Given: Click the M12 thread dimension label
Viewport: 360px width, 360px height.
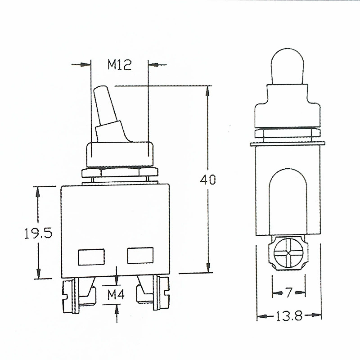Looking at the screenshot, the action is [120, 65].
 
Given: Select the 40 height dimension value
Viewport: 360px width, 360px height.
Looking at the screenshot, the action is [208, 180].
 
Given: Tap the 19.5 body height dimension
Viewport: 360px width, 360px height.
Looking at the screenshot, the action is [38, 234].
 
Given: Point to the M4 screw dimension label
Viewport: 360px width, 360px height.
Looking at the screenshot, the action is [116, 295].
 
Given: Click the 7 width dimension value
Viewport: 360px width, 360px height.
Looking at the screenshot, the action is [289, 293].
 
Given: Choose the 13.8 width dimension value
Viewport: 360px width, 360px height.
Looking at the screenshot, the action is [289, 316].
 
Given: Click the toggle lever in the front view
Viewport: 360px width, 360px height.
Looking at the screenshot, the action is [110, 114].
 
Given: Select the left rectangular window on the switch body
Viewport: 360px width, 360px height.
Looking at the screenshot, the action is [91, 257].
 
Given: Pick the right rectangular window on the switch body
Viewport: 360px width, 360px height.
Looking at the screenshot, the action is [140, 256].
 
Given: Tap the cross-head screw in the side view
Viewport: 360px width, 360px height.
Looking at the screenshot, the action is [288, 253].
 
